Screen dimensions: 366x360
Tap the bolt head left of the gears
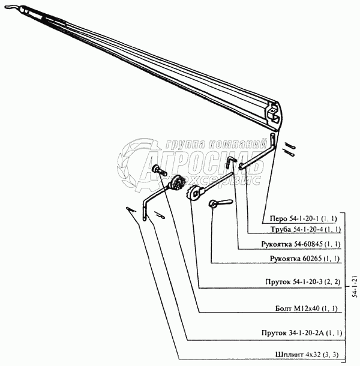pos(157,170)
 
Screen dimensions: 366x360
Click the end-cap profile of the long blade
pos(274,114)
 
